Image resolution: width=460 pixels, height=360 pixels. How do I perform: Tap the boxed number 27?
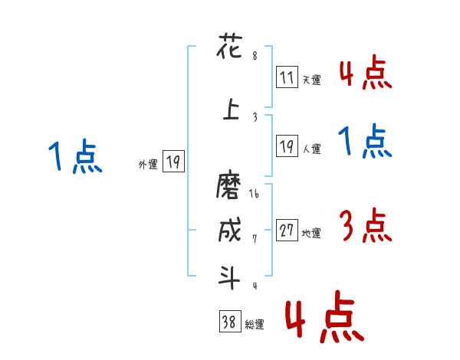[x=287, y=230]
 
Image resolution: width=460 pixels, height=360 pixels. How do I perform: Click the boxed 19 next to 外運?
[x=173, y=162]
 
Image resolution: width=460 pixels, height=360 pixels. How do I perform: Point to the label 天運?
[x=311, y=79]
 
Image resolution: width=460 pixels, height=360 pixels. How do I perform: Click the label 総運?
[x=254, y=326]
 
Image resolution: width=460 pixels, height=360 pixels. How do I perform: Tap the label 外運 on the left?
[x=148, y=163]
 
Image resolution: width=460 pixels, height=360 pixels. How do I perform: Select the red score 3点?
[x=365, y=227]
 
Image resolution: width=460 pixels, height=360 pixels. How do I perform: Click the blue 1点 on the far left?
[x=74, y=155]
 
